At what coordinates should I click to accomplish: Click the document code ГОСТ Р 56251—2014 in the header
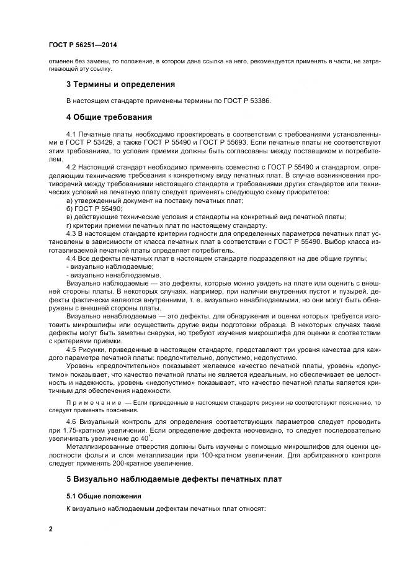pos(82,45)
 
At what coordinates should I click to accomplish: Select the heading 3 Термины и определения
pos(120,84)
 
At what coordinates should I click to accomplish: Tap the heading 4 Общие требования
pos(109,117)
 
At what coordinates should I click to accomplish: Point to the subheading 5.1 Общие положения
pos(104,497)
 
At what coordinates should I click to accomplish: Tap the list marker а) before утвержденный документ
pos(69,200)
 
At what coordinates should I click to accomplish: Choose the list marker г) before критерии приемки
pos(69,225)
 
